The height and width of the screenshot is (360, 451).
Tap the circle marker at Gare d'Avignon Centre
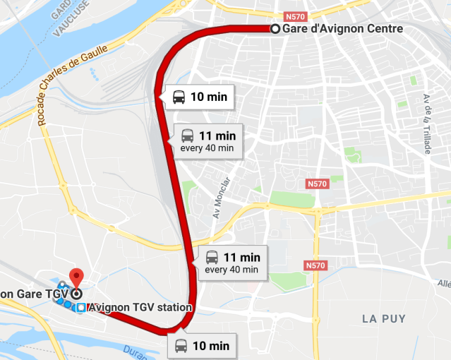[275, 29]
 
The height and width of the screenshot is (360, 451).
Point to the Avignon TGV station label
[140, 308]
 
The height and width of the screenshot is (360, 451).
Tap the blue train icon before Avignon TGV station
[82, 308]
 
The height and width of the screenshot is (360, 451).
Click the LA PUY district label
[385, 319]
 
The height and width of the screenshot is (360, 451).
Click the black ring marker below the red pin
[76, 293]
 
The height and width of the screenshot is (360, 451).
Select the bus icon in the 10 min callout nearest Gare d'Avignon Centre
[179, 97]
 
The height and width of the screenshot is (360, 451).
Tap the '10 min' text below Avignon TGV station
[210, 346]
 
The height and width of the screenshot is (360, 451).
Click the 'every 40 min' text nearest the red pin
[231, 270]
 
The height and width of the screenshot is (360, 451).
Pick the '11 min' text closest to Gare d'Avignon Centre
[217, 136]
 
